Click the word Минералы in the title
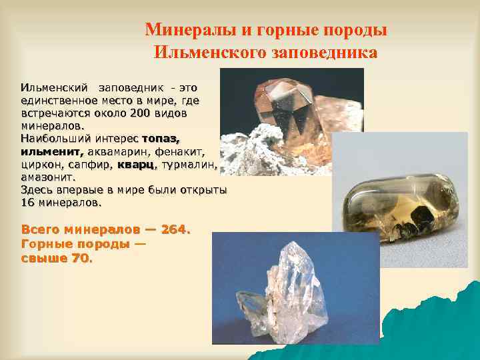(182, 30)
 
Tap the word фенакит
(178, 151)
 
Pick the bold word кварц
(136, 164)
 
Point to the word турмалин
(188, 164)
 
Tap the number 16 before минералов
(29, 202)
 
